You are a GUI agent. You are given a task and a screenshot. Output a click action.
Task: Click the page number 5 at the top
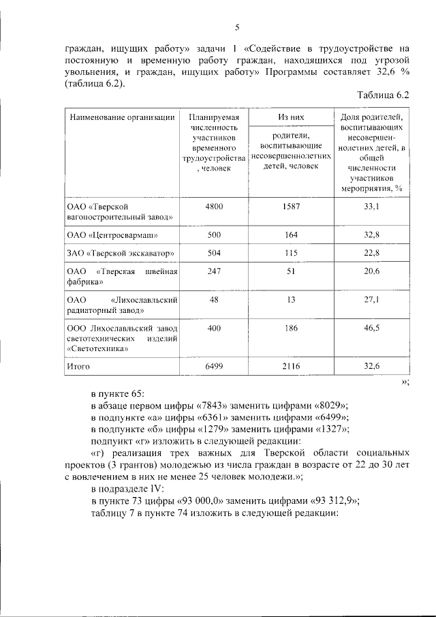coord(236,27)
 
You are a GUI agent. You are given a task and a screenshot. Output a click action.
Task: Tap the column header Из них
coord(291,117)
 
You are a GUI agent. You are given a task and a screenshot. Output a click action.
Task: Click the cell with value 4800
coord(214,205)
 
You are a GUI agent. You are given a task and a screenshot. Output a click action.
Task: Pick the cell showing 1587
coord(291,205)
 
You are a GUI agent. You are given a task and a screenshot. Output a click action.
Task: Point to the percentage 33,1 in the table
coord(372,205)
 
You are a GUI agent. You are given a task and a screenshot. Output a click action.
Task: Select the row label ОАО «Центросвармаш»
coord(112,236)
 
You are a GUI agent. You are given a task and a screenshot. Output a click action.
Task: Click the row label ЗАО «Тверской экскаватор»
coord(121,254)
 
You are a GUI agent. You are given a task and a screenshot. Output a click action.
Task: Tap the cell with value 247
coord(214,271)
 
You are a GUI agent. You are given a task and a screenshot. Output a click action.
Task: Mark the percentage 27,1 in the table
coord(372,299)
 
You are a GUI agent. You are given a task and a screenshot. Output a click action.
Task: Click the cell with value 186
coord(291,328)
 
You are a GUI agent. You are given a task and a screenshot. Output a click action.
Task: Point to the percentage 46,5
coord(372,328)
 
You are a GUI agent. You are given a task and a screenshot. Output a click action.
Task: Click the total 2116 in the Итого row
coord(291,366)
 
